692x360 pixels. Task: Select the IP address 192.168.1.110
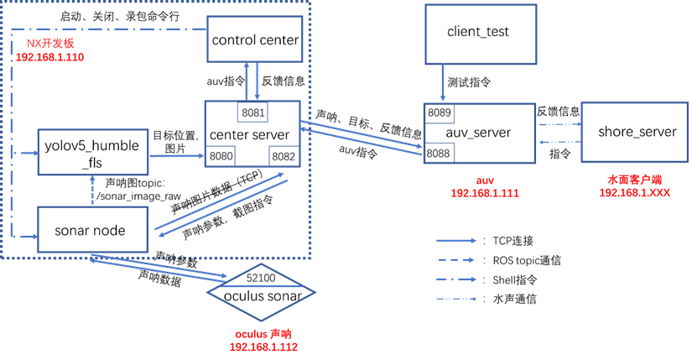[49, 57]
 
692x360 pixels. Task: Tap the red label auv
[485, 180]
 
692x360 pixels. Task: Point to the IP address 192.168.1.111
[485, 193]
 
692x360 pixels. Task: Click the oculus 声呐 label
[263, 334]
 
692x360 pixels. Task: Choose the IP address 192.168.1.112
[263, 347]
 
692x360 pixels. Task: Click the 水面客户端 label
[634, 180]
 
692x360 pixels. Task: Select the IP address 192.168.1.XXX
[634, 193]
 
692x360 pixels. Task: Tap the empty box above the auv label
[480, 34]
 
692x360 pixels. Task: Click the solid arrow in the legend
[456, 240]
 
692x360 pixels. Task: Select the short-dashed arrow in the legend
[456, 260]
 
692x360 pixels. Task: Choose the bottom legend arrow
[456, 299]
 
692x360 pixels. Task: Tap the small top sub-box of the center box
[252, 112]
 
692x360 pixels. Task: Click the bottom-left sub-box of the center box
[220, 156]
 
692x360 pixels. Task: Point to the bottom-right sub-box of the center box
[284, 156]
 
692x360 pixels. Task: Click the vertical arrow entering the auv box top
[443, 83]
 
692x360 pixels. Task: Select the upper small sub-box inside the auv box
[439, 113]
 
